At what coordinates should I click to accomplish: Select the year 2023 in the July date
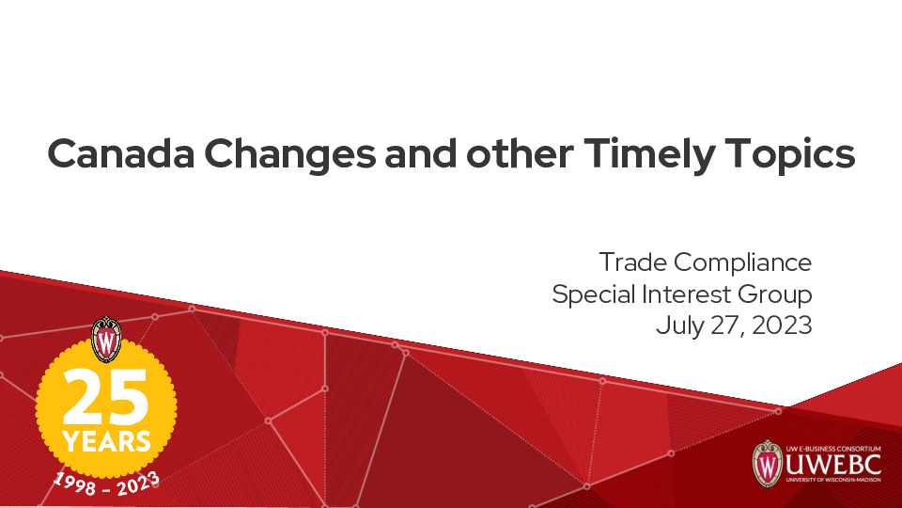tap(783, 325)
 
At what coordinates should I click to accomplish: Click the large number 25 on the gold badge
tap(106, 396)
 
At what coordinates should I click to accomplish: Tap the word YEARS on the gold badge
tap(106, 440)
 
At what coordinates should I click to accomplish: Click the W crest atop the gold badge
tap(106, 340)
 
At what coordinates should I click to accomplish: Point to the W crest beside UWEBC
tap(768, 463)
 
